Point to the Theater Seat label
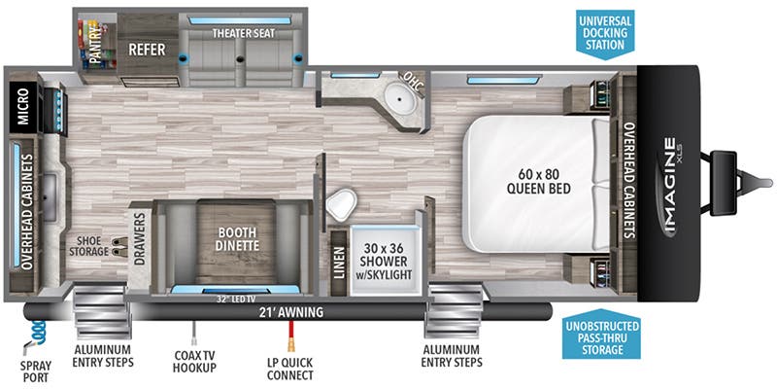coord(244,33)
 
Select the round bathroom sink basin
coord(397,99)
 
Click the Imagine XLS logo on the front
coord(670,185)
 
